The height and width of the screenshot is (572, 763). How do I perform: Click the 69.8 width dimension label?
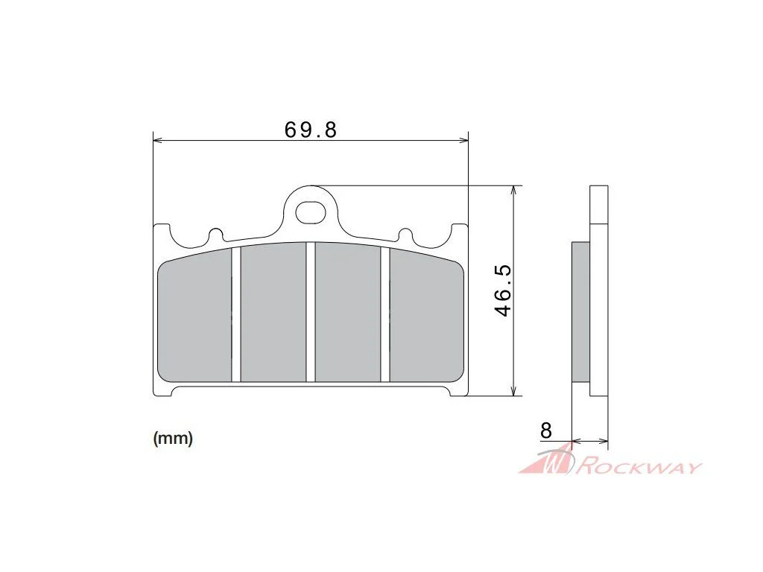(x=311, y=130)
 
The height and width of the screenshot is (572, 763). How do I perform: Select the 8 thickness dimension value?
(x=546, y=431)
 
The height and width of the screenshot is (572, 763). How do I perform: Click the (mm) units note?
(x=173, y=438)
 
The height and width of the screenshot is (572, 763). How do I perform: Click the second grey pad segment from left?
(x=273, y=312)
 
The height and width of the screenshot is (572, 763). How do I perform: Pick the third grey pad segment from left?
(x=348, y=312)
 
